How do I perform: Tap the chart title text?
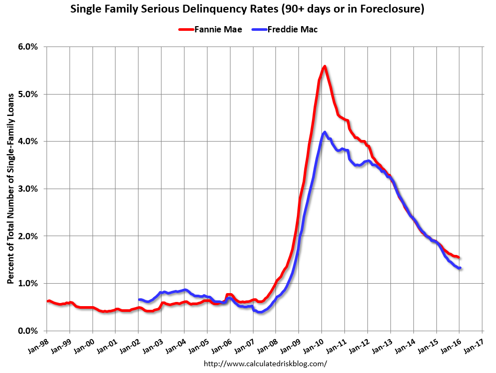(x=248, y=9)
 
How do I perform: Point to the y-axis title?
(x=10, y=189)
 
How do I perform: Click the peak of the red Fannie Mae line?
(x=325, y=66)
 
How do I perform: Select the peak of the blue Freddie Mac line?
(x=325, y=132)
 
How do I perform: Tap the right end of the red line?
(x=458, y=257)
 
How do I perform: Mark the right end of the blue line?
(x=460, y=268)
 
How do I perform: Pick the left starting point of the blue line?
(x=139, y=300)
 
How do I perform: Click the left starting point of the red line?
(x=47, y=301)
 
